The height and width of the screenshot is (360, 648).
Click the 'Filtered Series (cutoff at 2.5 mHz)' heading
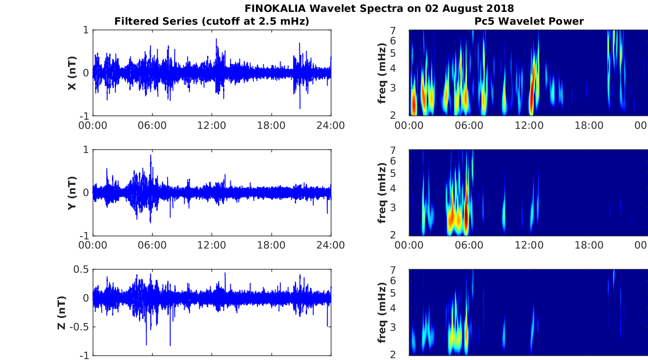tap(212, 21)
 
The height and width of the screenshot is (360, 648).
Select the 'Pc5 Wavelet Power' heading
tap(529, 21)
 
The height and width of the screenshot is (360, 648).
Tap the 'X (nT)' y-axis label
tap(72, 73)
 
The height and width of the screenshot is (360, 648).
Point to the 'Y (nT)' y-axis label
tap(72, 193)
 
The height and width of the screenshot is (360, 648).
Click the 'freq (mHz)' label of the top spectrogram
tap(383, 73)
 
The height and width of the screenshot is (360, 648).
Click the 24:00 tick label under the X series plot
tap(330, 126)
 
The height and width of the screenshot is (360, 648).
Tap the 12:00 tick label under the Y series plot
tap(212, 245)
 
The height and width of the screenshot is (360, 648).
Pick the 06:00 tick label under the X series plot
tap(152, 126)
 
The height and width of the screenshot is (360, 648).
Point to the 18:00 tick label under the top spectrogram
tap(589, 126)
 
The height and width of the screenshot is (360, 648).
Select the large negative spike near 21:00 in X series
tap(300, 108)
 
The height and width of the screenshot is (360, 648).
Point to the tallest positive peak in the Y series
tap(151, 156)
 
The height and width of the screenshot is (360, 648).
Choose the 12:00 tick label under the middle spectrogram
tap(529, 245)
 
